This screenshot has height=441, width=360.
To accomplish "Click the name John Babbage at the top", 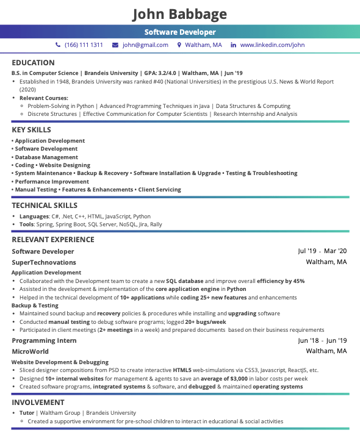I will pyautogui.click(x=179, y=14).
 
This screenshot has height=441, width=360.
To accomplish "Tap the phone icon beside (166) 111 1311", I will pyautogui.click(x=58, y=45).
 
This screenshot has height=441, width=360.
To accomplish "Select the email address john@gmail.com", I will pyautogui.click(x=145, y=45).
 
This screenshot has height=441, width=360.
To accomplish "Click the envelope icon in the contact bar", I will pyautogui.click(x=116, y=45).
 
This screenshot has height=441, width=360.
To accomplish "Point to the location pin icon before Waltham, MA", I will pyautogui.click(x=179, y=45).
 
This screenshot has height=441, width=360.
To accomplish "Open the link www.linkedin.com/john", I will pyautogui.click(x=272, y=45).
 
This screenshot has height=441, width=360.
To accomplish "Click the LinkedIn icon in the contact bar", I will pyautogui.click(x=233, y=45).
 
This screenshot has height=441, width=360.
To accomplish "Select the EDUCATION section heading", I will pyautogui.click(x=33, y=63).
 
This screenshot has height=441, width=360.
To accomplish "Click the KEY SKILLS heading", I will pyautogui.click(x=31, y=130).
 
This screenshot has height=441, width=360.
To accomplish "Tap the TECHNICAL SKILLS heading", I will pyautogui.click(x=45, y=206).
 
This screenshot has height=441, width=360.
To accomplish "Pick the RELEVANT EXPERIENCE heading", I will pyautogui.click(x=53, y=240).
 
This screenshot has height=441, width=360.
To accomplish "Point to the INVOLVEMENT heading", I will pyautogui.click(x=38, y=403).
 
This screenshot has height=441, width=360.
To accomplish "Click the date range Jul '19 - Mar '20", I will pyautogui.click(x=322, y=251).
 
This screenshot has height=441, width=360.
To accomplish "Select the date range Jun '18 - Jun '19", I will pyautogui.click(x=322, y=340).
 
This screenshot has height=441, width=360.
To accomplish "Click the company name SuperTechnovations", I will pyautogui.click(x=44, y=262).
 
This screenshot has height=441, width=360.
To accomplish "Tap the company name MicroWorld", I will pyautogui.click(x=30, y=351).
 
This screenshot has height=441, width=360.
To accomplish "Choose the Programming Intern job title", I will pyautogui.click(x=44, y=340).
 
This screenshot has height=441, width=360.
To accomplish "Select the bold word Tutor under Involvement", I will pyautogui.click(x=27, y=413).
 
